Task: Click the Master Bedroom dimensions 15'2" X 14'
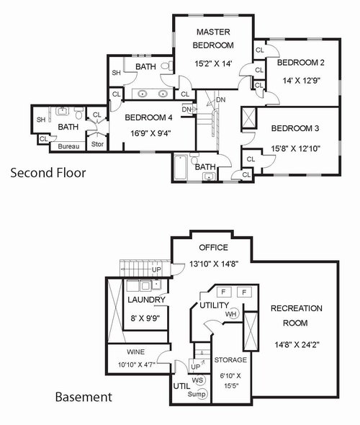(213, 63)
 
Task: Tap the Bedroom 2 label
(301, 63)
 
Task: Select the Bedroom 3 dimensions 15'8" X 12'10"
(295, 148)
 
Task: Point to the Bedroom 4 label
(149, 117)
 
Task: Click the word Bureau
(68, 146)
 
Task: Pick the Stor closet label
(97, 144)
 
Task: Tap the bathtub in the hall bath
(181, 167)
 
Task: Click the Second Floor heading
(48, 173)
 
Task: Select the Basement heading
(84, 397)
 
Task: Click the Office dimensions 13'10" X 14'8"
(214, 264)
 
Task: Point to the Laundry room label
(146, 300)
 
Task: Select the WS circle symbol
(198, 380)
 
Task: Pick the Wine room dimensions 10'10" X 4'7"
(137, 364)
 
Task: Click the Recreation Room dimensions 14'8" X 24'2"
(297, 345)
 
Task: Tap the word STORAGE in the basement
(230, 360)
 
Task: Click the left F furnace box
(223, 292)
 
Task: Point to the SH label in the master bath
(116, 73)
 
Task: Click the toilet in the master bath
(166, 66)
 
